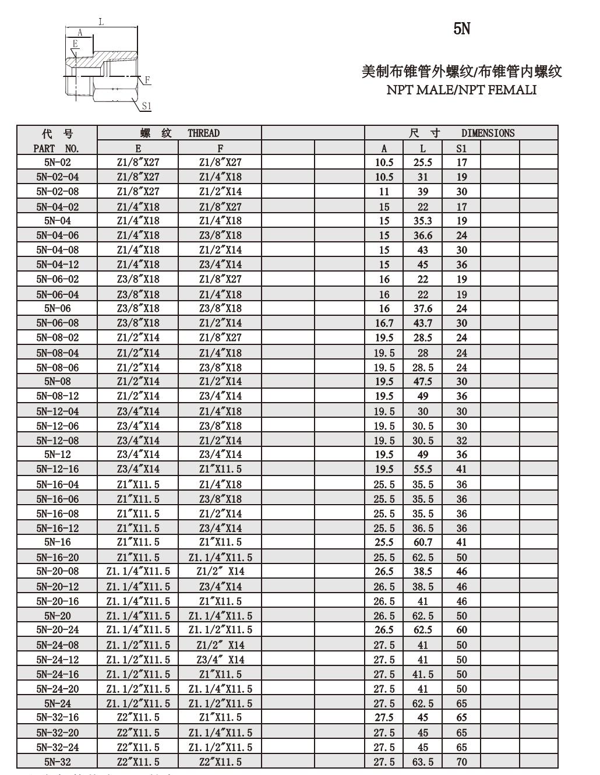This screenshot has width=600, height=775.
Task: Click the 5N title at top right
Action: pos(461,29)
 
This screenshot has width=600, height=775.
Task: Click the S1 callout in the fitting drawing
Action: pos(146,105)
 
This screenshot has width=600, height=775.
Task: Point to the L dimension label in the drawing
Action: pos(101,22)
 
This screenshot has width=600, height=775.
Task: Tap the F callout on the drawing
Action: pos(147,80)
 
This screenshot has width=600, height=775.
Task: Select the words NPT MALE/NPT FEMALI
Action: pos(461,90)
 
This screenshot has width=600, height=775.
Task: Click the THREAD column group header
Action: pos(203,133)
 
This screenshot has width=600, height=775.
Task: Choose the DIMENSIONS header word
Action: pos(488,133)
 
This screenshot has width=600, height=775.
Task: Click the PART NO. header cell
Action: pos(57,148)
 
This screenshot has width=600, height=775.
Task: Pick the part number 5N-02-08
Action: pos(57,192)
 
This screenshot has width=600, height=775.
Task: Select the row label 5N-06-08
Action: pos(57,323)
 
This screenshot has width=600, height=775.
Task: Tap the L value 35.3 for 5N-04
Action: pos(423,221)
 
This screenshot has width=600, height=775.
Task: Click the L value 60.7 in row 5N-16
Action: pos(423,542)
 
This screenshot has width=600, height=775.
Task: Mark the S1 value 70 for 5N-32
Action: pos(461,762)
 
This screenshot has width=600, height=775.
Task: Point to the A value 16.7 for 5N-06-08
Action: pos(384,323)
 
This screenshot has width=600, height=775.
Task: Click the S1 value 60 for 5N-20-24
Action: pos(461,630)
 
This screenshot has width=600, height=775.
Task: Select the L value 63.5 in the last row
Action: pos(423,762)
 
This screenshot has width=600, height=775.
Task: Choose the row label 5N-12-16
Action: pos(57,469)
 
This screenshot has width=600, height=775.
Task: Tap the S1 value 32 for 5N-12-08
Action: pos(461,441)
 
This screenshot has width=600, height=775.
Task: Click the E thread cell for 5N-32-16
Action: pos(138,717)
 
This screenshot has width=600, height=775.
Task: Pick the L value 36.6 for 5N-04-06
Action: pos(423,235)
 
